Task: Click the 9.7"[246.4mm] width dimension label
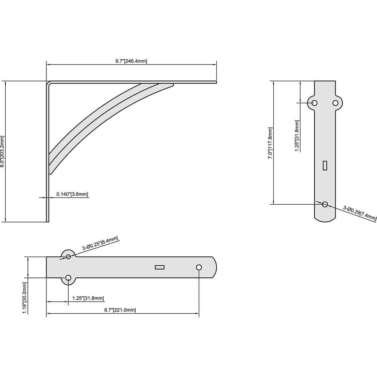[131, 61]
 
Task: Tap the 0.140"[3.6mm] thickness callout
[72, 195]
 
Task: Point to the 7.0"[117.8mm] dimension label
[270, 143]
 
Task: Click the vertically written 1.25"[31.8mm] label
[297, 136]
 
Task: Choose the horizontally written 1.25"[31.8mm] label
[88, 298]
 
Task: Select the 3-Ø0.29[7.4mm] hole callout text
[359, 213]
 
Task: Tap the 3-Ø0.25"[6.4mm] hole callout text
[100, 244]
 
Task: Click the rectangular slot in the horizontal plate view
[160, 267]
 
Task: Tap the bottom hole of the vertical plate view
[325, 204]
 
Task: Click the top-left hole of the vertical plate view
[314, 103]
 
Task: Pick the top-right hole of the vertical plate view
[335, 103]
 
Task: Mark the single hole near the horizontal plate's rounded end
[199, 267]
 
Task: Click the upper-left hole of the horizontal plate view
[68, 257]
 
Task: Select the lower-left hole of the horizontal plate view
[68, 278]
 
